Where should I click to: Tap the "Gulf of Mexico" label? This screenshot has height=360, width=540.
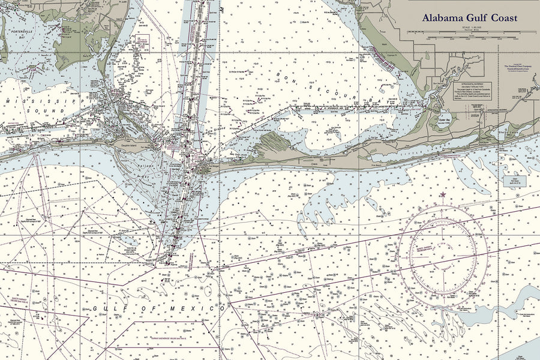point(161,308)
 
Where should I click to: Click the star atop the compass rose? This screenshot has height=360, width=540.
point(443,194)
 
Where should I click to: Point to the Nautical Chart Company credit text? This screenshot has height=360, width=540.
point(517,67)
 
